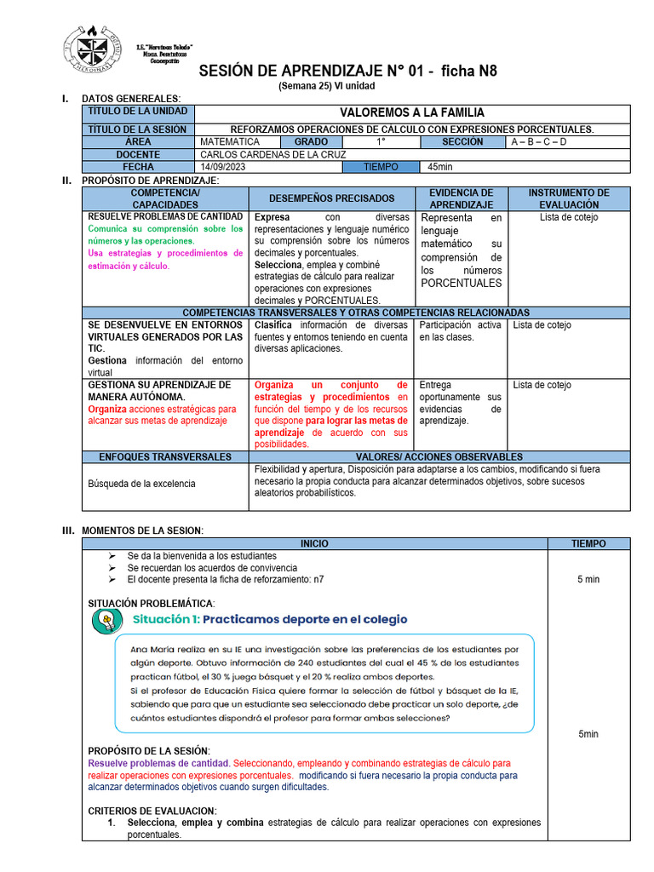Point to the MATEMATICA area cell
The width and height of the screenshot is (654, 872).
point(230,141)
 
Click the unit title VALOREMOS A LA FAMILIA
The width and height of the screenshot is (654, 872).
point(412,112)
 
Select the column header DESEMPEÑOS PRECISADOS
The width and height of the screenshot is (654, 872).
point(331,198)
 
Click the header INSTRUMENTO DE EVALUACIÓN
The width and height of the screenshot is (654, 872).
point(569,198)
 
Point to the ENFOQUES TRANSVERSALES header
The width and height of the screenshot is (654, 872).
point(165,457)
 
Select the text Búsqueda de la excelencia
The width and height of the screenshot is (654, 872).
point(141,484)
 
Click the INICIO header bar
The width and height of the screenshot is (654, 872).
point(313,543)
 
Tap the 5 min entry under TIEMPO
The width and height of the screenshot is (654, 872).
point(588,579)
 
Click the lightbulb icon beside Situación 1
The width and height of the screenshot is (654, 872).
point(105,620)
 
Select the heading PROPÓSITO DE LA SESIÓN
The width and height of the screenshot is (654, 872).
point(149,750)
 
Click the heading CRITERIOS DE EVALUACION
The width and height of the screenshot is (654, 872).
point(152,810)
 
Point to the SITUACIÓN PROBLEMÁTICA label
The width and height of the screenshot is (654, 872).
point(152,603)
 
